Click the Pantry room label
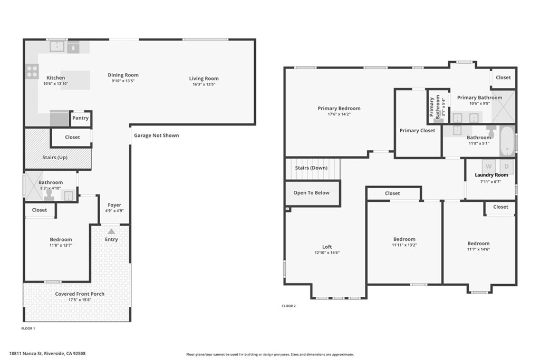tap(80, 118)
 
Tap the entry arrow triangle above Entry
tap(111, 231)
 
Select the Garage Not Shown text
tap(156, 135)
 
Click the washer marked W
tap(488, 167)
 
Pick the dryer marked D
tap(507, 167)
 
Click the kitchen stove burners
tap(32, 71)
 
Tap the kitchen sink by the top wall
tap(57, 46)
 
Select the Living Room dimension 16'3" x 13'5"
tap(204, 84)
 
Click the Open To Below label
tap(311, 193)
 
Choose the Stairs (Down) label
tap(311, 168)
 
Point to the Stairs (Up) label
tap(55, 157)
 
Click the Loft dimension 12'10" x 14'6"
tap(327, 252)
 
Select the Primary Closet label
tap(418, 130)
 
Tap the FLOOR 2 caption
tap(288, 306)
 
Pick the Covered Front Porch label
tap(80, 294)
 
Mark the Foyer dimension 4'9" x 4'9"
tap(114, 211)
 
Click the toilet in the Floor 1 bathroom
tap(49, 195)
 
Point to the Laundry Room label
tap(491, 175)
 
